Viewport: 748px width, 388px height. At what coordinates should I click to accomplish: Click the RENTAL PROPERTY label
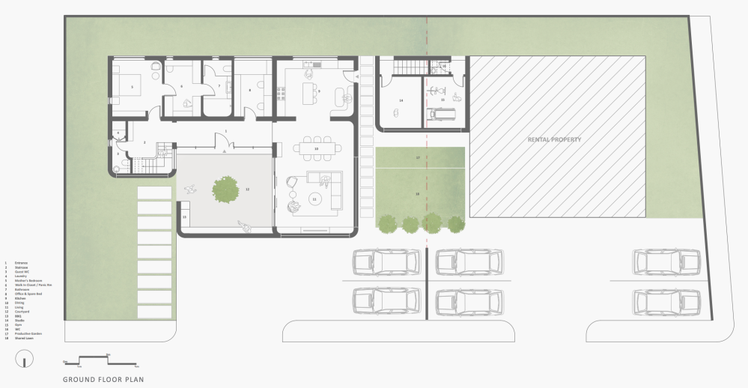click(x=554, y=140)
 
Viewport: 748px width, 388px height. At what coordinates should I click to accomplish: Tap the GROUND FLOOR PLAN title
click(x=103, y=378)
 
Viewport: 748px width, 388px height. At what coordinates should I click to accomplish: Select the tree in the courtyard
click(x=226, y=189)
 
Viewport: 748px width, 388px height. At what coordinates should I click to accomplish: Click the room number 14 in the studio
click(x=401, y=100)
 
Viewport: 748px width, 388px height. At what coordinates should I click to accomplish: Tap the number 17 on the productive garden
click(x=419, y=158)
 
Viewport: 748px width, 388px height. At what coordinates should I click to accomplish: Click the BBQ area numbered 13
click(x=184, y=217)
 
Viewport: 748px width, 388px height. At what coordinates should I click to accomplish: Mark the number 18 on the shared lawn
click(x=419, y=193)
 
